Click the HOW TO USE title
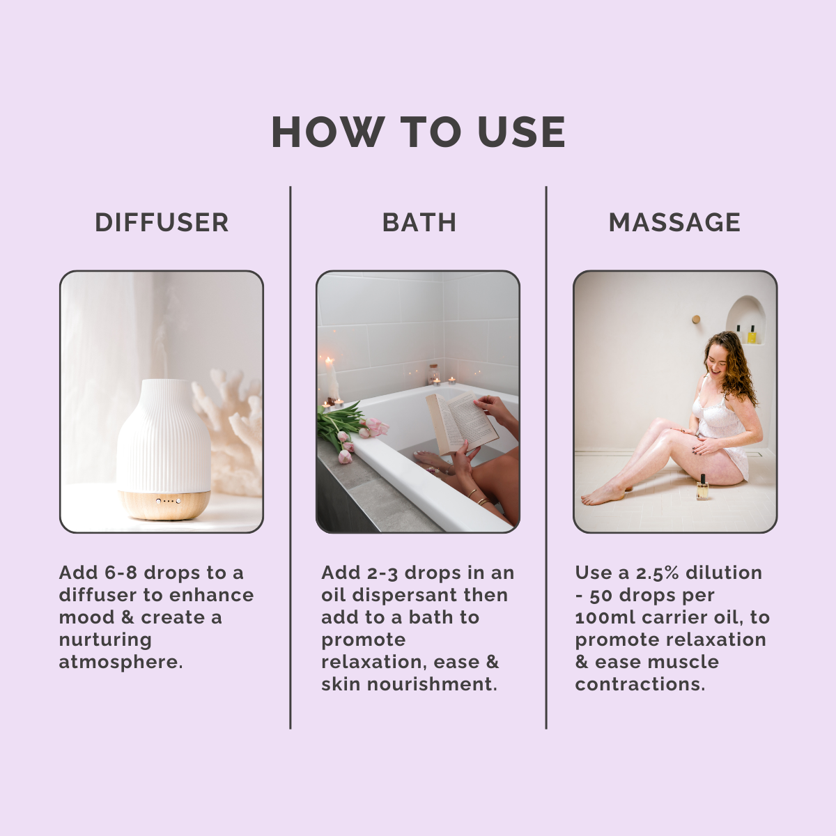point(418,132)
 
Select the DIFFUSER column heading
point(162,222)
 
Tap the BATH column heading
point(419,222)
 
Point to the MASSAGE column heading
point(674,222)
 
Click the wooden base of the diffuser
point(164,504)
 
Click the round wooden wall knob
point(696,319)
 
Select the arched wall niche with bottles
point(745,320)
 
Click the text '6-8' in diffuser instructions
point(121,573)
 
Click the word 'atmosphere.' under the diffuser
point(121,662)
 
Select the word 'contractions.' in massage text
point(640,684)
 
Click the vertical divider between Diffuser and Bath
point(291,457)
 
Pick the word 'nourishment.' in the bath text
point(432,684)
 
